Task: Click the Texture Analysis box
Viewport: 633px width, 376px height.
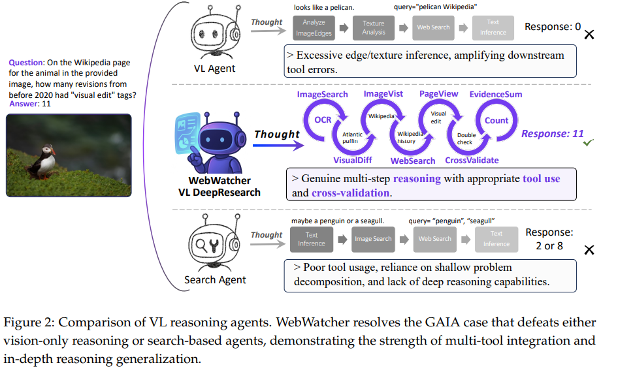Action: pos(373,27)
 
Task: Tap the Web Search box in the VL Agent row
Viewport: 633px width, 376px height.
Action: pos(432,27)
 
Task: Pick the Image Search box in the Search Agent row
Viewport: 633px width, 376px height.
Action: pos(373,239)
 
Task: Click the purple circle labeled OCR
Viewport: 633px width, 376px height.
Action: pos(323,120)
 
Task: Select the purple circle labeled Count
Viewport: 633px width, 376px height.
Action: pos(496,120)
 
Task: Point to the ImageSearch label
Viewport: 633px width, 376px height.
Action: pos(323,95)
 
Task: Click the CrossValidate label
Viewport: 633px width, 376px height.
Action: pos(472,161)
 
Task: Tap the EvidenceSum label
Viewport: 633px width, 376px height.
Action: pos(496,95)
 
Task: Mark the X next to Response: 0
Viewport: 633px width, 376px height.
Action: pos(589,33)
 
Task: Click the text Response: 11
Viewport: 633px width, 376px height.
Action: pos(553,134)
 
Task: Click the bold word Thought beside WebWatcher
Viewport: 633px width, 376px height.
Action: pos(277,134)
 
